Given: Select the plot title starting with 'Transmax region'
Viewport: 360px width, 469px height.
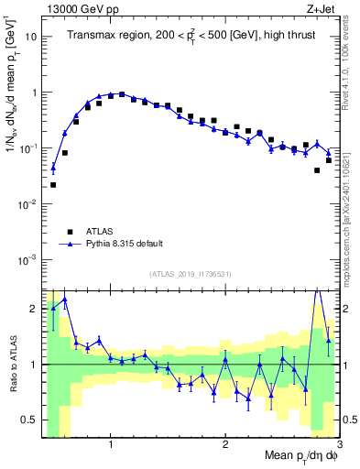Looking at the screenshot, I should coord(191,36).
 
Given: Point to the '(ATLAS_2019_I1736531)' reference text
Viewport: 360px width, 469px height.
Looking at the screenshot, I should coord(191,273).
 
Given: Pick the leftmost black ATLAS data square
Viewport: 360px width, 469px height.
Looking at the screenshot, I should coord(53,185).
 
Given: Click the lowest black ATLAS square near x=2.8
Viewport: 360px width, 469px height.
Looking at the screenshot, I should coord(317,170).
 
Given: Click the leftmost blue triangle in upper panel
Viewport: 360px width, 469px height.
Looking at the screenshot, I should coord(53,167).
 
